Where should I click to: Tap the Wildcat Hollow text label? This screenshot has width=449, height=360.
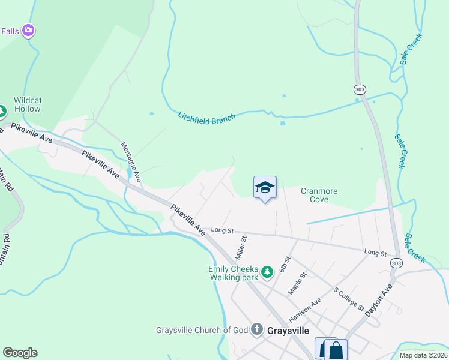click(x=27, y=104)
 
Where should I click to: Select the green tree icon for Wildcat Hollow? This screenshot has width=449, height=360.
click(x=2, y=111)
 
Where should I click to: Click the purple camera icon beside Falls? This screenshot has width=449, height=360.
click(x=28, y=30)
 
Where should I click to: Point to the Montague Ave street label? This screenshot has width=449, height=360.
click(x=131, y=161)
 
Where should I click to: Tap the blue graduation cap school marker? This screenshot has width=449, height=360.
click(x=265, y=188)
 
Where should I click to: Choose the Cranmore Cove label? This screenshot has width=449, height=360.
click(x=319, y=195)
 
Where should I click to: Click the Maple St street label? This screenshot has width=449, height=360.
click(x=297, y=283)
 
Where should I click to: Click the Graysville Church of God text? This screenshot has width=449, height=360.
click(x=202, y=330)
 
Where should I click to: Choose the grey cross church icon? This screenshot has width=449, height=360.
click(x=257, y=329)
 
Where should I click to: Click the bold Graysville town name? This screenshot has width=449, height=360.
click(x=288, y=331)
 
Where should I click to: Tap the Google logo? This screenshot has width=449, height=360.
click(x=20, y=353)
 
